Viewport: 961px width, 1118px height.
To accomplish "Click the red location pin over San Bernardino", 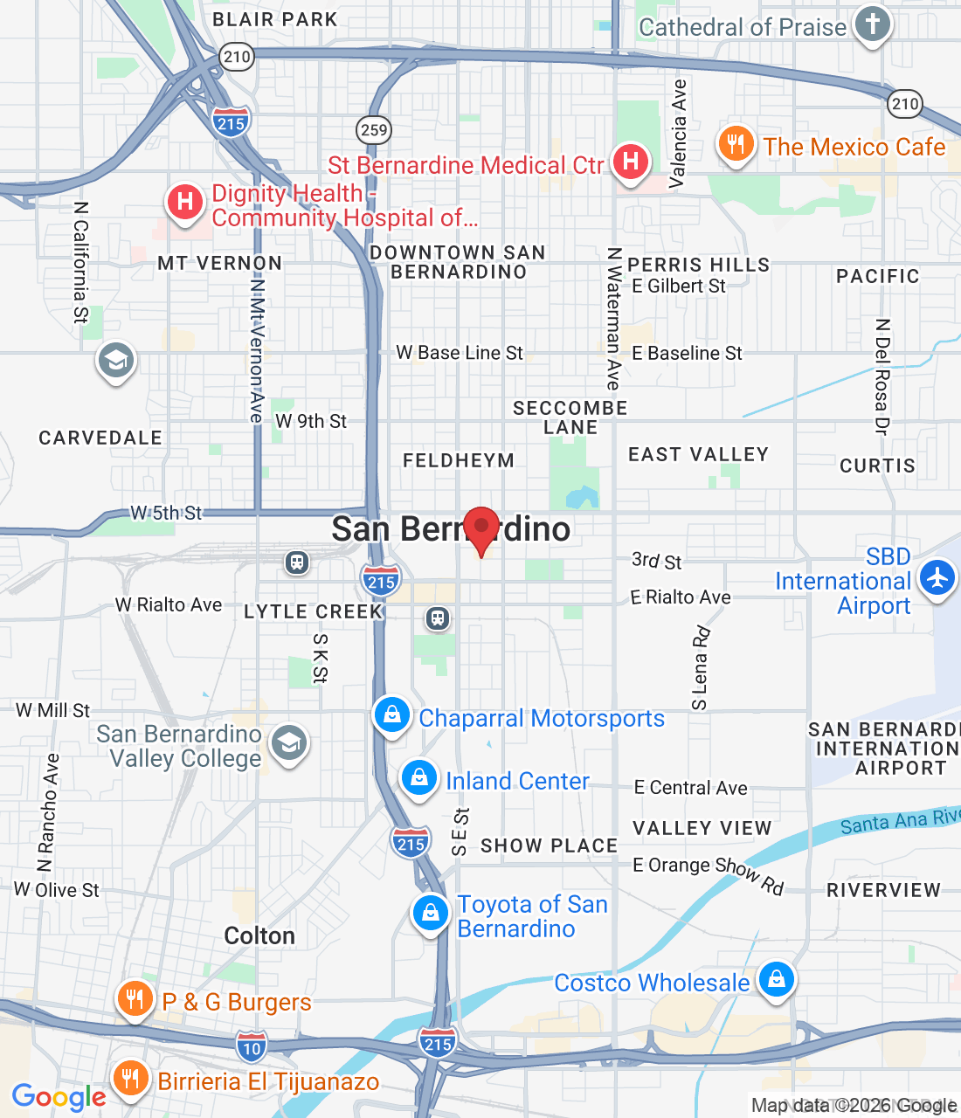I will (x=480, y=528).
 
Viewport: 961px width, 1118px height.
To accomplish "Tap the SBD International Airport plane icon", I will (x=937, y=577).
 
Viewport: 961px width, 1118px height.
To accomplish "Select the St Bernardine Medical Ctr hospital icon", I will (x=630, y=162).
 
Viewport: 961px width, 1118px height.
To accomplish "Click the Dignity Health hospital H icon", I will (x=184, y=202).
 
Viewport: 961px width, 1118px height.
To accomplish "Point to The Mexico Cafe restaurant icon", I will (x=736, y=144).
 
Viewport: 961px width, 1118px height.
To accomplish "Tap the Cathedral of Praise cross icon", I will (x=872, y=24).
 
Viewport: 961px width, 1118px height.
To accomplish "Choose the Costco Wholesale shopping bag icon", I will (x=776, y=978).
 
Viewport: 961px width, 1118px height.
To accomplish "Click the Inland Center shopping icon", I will (x=419, y=776).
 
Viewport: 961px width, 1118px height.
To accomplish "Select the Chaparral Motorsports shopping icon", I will (x=392, y=714).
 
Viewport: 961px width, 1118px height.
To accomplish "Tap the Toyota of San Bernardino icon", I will (x=430, y=913).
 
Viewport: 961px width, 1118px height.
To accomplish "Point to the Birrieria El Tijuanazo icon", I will (x=130, y=1078).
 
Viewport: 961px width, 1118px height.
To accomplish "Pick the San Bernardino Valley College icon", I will (x=288, y=743).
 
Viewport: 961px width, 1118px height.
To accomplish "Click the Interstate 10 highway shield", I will (x=252, y=1046).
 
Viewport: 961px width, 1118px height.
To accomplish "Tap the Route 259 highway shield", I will (x=374, y=130).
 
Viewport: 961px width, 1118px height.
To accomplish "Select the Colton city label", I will (x=259, y=936).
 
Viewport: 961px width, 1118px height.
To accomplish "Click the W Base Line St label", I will (x=460, y=353).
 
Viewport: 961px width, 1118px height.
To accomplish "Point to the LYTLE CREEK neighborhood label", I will (x=314, y=611).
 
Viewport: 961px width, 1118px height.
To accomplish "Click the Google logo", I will (x=59, y=1097).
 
